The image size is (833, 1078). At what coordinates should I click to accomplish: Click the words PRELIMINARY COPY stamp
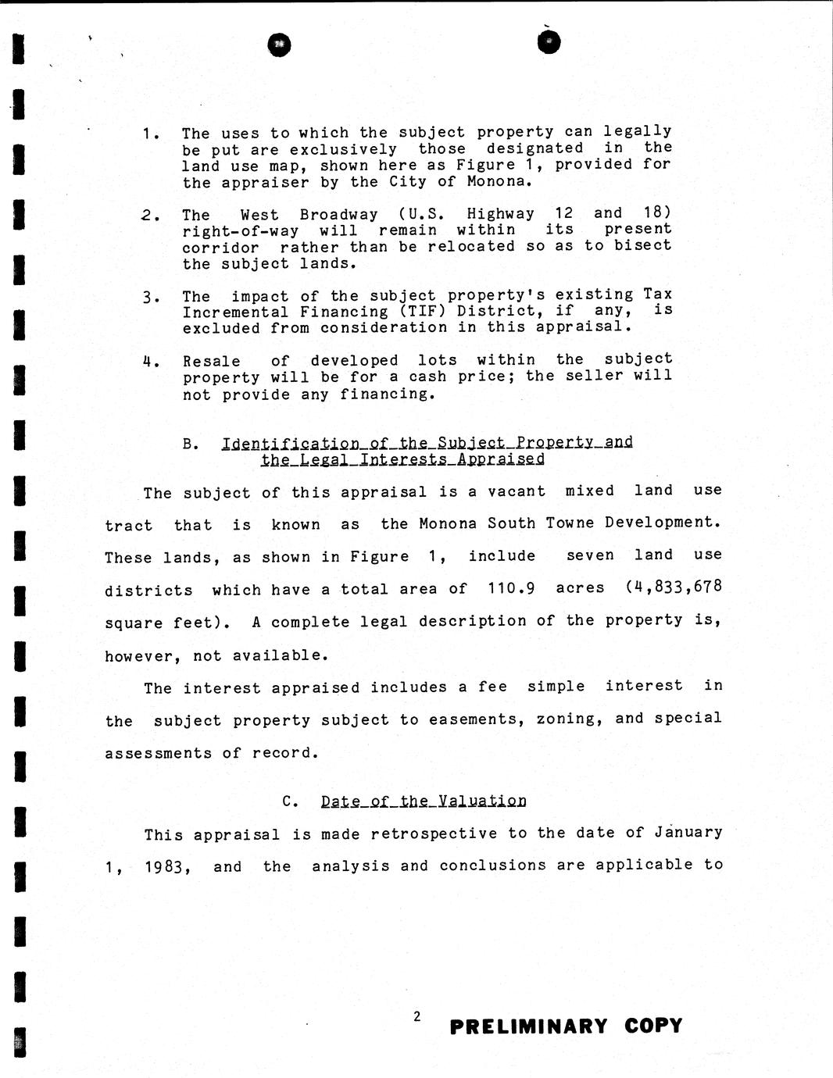click(x=566, y=1026)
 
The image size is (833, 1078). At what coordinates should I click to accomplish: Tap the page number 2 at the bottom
click(x=417, y=1016)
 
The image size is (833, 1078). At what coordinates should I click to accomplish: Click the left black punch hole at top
click(x=279, y=45)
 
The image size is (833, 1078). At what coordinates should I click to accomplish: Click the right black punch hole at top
click(x=549, y=42)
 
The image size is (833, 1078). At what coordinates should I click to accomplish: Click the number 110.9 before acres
click(x=511, y=587)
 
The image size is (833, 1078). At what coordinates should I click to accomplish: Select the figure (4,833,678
click(x=674, y=586)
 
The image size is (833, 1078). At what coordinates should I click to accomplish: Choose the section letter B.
click(x=188, y=444)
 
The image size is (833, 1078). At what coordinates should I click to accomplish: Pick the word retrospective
click(x=434, y=833)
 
